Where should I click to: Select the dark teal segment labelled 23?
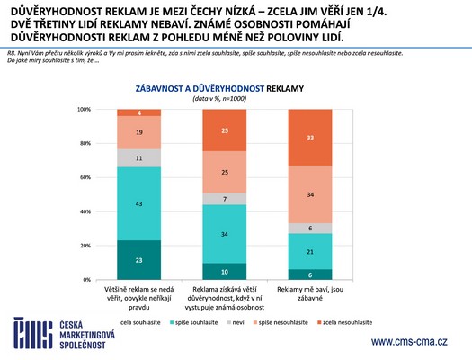coord(138,260)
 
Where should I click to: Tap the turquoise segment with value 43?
coord(138,203)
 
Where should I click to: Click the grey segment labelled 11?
coord(138,157)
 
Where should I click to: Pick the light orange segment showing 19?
coord(138,131)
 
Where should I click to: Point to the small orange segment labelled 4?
coord(138,112)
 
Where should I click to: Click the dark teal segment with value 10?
coord(224,271)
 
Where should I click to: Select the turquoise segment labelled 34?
coord(224,234)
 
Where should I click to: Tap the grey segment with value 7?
coord(224,199)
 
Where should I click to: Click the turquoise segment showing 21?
coord(309,252)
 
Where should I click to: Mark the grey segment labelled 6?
coord(309,229)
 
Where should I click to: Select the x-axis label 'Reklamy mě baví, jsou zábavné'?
coord(309,298)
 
